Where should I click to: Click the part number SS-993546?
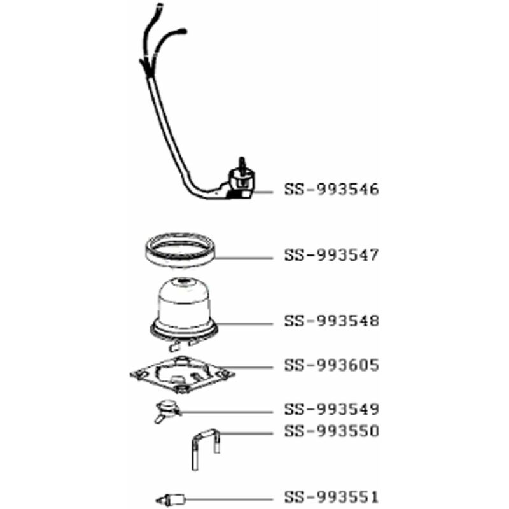pyautogui.click(x=331, y=189)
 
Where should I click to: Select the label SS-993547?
pyautogui.click(x=331, y=255)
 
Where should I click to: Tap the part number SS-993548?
pyautogui.click(x=331, y=321)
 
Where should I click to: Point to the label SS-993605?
pyautogui.click(x=331, y=365)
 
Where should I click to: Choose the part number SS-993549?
pyautogui.click(x=331, y=409)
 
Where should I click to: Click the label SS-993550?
pyautogui.click(x=331, y=431)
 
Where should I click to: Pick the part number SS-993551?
pyautogui.click(x=331, y=497)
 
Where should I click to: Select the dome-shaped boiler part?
pyautogui.click(x=184, y=312)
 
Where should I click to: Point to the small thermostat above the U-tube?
pyautogui.click(x=167, y=410)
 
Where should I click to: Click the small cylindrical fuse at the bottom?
pyautogui.click(x=171, y=499)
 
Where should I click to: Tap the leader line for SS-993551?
pyautogui.click(x=229, y=499)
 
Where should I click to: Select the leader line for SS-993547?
pyautogui.click(x=244, y=258)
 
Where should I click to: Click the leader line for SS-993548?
pyautogui.click(x=245, y=324)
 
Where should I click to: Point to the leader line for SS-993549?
pyautogui.click(x=227, y=412)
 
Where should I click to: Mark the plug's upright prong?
pyautogui.click(x=242, y=164)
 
